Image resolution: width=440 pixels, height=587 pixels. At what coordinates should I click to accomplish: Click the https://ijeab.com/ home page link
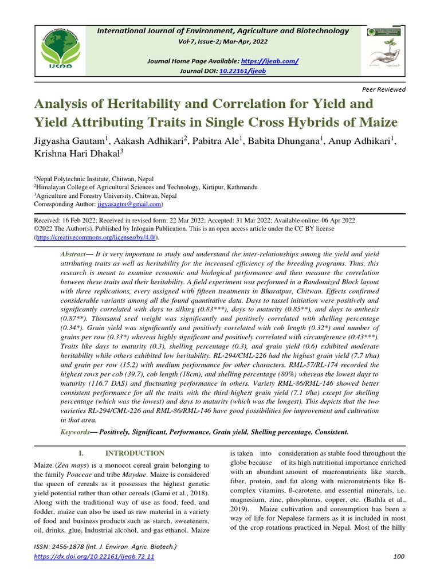pyautogui.click(x=269, y=61)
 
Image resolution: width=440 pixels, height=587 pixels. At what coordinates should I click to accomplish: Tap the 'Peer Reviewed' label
pyautogui.click(x=384, y=89)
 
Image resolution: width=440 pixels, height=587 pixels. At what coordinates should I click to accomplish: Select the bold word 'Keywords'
pyautogui.click(x=75, y=432)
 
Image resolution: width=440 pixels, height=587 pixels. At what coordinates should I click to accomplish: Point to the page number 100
pyautogui.click(x=399, y=556)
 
